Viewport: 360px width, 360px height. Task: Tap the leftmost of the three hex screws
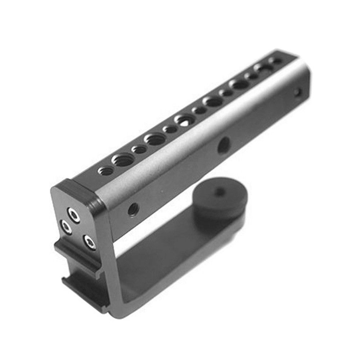click(66, 227)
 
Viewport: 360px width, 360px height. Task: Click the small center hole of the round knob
click(217, 193)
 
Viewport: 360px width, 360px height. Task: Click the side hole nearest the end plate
click(133, 209)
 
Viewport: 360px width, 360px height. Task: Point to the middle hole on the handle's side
click(224, 144)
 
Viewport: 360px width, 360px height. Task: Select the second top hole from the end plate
click(123, 160)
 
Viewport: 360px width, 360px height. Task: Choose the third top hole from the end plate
click(139, 149)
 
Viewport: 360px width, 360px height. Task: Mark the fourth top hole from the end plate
click(155, 139)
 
